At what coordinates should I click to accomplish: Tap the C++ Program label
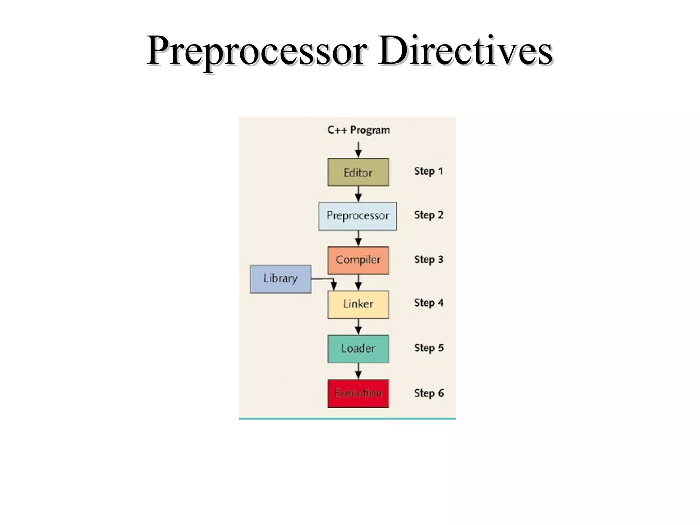pos(358,130)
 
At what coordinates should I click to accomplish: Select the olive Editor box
pos(358,172)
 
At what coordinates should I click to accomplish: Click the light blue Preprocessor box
pos(357,216)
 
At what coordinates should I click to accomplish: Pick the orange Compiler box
pos(358,260)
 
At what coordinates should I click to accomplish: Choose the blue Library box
pos(281,279)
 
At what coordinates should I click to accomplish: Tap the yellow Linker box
pos(358,304)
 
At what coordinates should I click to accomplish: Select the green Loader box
pos(358,349)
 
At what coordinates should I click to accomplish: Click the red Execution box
pos(358,393)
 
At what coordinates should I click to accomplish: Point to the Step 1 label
pos(429,171)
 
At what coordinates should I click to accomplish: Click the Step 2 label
pos(429,215)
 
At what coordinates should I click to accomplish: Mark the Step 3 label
pos(429,259)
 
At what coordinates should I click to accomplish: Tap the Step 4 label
pos(429,303)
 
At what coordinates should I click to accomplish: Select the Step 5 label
pos(429,348)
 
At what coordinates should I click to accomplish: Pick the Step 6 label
pos(429,393)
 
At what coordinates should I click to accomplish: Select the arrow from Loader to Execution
pos(358,371)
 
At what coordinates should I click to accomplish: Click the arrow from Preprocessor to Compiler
pos(358,238)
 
